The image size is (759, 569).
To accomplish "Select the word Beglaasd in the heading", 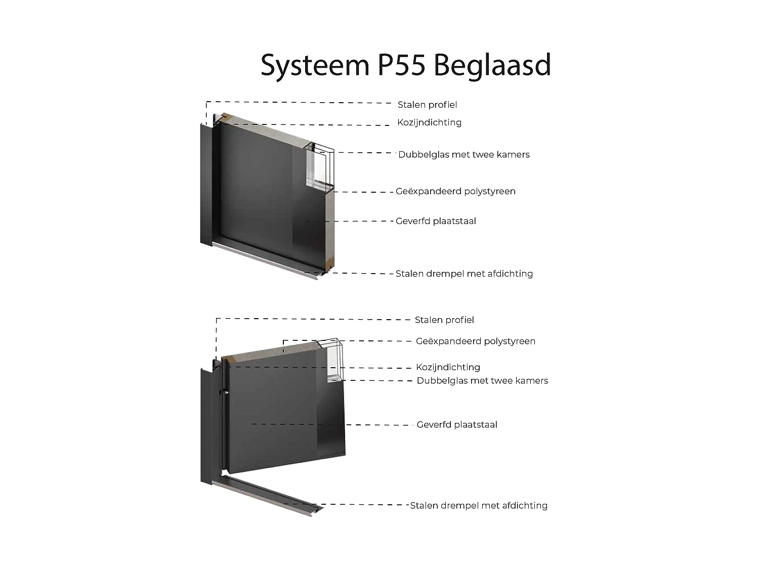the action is pyautogui.click(x=492, y=66).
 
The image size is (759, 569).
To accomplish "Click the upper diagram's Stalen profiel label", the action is pyautogui.click(x=427, y=105).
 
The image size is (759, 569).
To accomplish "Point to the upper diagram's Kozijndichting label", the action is pyautogui.click(x=429, y=122).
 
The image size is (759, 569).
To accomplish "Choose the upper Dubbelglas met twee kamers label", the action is pyautogui.click(x=463, y=155).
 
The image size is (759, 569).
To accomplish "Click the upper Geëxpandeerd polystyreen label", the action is pyautogui.click(x=455, y=191).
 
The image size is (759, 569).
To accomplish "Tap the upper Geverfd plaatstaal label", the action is pyautogui.click(x=436, y=221).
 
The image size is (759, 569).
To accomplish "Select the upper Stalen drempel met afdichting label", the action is pyautogui.click(x=464, y=274).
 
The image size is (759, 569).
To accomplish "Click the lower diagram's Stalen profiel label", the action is pyautogui.click(x=444, y=320).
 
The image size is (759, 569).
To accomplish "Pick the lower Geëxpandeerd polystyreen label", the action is pyautogui.click(x=475, y=341).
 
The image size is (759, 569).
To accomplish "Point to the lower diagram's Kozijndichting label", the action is pyautogui.click(x=448, y=367).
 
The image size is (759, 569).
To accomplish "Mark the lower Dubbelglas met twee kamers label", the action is pyautogui.click(x=482, y=381).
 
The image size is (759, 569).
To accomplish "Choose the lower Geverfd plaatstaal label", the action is pyautogui.click(x=457, y=425).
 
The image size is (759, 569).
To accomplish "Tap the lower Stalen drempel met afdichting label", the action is pyautogui.click(x=479, y=505).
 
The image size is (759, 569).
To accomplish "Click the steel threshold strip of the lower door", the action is pyautogui.click(x=268, y=493).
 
